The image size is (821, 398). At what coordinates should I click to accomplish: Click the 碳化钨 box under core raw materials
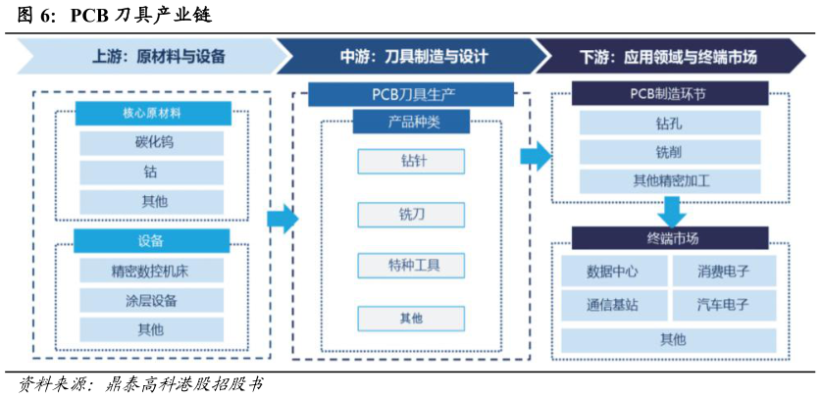(151, 143)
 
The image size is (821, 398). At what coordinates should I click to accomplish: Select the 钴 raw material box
(151, 173)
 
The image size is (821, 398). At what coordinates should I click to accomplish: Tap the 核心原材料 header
(153, 114)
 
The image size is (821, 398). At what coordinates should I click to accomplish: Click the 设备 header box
(151, 241)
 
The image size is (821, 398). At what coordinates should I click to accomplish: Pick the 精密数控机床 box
(151, 271)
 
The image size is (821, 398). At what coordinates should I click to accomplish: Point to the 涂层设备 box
(151, 301)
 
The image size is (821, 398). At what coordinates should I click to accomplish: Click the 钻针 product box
(411, 161)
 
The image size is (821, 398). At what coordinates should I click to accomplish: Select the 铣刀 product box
(411, 214)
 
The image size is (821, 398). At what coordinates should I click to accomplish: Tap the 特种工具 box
(411, 265)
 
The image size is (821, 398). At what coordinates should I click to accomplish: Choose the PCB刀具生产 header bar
(411, 95)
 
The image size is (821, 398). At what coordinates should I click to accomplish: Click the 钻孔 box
(670, 124)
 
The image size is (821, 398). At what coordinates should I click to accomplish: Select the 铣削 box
(670, 152)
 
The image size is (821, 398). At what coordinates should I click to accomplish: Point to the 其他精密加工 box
(670, 181)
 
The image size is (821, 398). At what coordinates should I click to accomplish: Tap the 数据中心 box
(614, 271)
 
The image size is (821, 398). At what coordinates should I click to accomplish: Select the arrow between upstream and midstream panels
(282, 219)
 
